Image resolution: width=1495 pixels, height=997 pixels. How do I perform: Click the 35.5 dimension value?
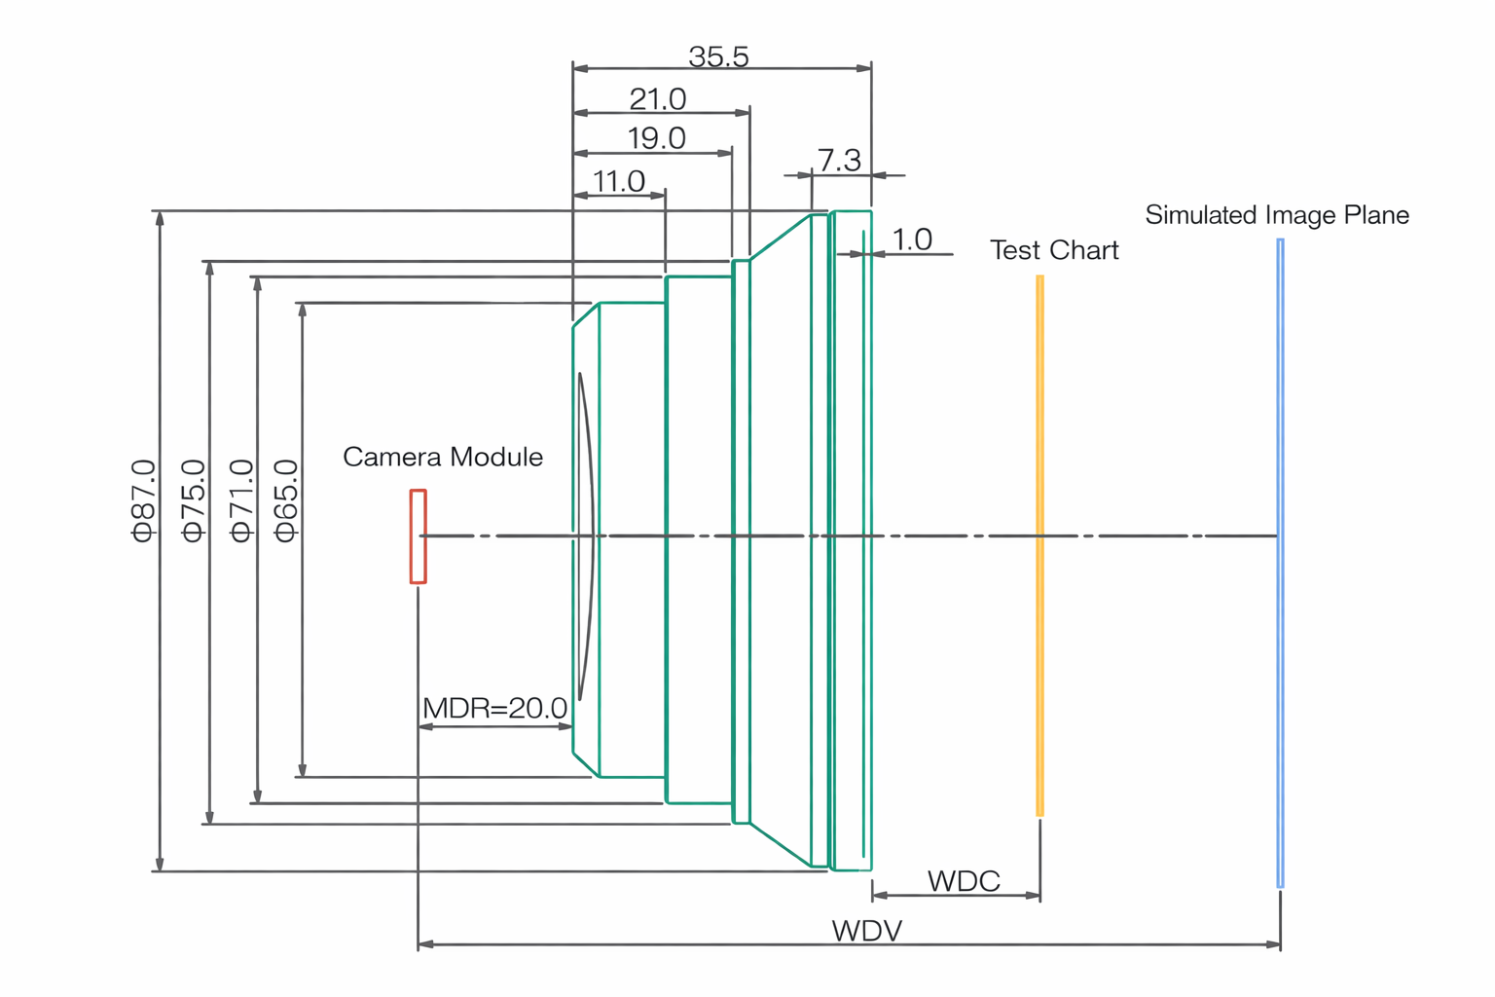718,57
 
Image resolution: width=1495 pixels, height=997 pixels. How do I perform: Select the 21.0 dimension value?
657,99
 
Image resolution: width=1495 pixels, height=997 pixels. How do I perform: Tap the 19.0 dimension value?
656,139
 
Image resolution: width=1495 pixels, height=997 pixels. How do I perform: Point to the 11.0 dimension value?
618,182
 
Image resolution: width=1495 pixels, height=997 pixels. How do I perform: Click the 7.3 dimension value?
839,161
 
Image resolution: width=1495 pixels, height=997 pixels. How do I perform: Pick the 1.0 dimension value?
912,240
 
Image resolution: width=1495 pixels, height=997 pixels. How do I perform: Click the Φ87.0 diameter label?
144,500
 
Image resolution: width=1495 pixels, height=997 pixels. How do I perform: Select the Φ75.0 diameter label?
195,500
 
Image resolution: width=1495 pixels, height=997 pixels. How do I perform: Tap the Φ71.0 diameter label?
241,500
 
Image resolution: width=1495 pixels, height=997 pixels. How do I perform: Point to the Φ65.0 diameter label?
286,500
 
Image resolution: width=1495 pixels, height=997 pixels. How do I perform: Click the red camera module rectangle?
419,536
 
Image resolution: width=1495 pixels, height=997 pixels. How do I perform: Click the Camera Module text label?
443,457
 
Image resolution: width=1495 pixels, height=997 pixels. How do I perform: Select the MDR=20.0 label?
494,708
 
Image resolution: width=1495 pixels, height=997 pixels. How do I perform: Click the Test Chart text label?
1054,250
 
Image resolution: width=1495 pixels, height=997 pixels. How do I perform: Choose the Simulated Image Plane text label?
1276,215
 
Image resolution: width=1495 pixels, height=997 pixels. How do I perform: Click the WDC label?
964,881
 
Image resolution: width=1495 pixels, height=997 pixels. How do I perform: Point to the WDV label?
866,931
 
